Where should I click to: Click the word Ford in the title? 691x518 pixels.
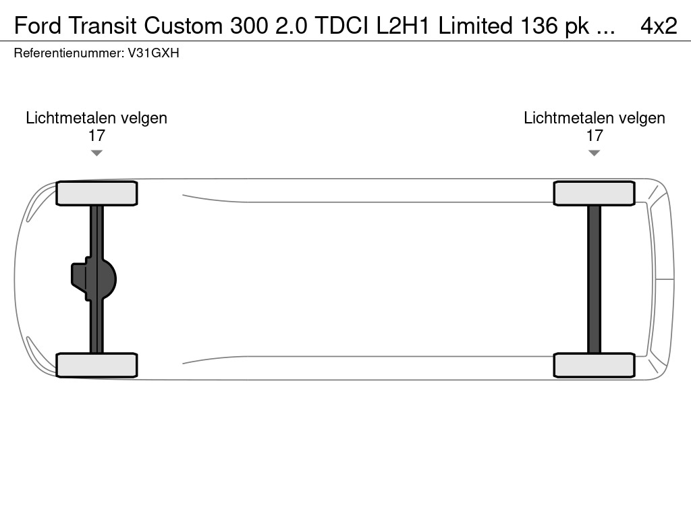(x=38, y=26)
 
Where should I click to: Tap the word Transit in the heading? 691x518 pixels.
(x=103, y=26)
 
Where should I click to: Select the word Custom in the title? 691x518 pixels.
(x=184, y=26)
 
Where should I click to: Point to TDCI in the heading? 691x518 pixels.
(x=341, y=26)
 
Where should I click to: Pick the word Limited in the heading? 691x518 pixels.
(x=476, y=26)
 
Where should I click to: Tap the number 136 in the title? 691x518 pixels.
(x=539, y=26)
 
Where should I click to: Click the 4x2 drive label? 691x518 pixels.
(x=659, y=26)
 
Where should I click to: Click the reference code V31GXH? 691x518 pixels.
(x=153, y=53)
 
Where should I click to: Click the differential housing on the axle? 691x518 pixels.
(x=94, y=279)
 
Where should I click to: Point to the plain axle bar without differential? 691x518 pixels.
(x=594, y=279)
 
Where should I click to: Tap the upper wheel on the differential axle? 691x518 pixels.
(x=96, y=194)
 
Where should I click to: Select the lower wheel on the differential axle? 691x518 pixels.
(x=96, y=365)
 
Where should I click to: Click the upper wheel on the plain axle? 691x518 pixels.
(x=594, y=194)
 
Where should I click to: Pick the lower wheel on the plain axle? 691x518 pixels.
(x=594, y=365)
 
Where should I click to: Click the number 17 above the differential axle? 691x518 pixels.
(x=96, y=136)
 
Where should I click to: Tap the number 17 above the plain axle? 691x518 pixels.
(x=594, y=136)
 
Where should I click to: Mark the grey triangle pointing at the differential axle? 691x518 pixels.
(x=96, y=153)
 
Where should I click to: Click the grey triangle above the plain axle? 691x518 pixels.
(x=594, y=153)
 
